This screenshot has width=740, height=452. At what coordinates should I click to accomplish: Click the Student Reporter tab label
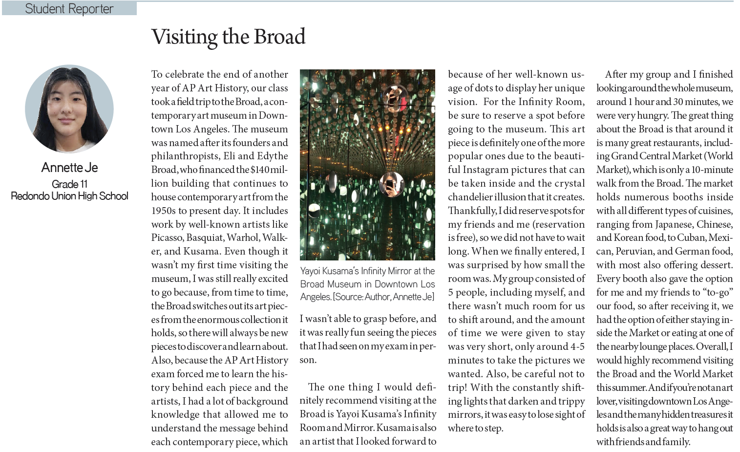click(69, 9)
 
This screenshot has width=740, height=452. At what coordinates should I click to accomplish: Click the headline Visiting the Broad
click(228, 37)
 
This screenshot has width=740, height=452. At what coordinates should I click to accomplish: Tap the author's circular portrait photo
click(69, 109)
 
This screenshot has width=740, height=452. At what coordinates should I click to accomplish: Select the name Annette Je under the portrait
click(69, 168)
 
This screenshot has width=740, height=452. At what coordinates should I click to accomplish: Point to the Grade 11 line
click(69, 184)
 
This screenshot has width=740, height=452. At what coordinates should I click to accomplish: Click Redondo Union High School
click(69, 196)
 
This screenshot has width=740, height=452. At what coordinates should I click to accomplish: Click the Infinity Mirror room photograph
click(367, 165)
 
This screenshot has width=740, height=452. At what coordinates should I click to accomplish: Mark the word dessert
click(714, 265)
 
